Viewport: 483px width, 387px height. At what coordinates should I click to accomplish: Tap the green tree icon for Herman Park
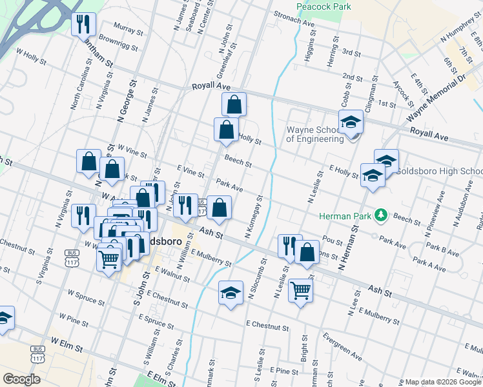tap(382, 215)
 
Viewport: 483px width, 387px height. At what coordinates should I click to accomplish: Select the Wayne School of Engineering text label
tap(314, 134)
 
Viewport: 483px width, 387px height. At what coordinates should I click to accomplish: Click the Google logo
tap(21, 379)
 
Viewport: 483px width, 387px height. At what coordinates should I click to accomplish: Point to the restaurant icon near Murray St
tap(83, 25)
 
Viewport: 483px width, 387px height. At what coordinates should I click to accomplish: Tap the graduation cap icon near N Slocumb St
tap(231, 293)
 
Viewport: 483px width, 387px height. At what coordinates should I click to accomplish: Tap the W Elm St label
tap(67, 344)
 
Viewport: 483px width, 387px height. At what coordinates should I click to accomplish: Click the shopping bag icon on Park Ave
tap(220, 207)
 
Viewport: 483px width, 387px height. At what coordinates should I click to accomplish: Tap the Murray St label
tap(127, 29)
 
